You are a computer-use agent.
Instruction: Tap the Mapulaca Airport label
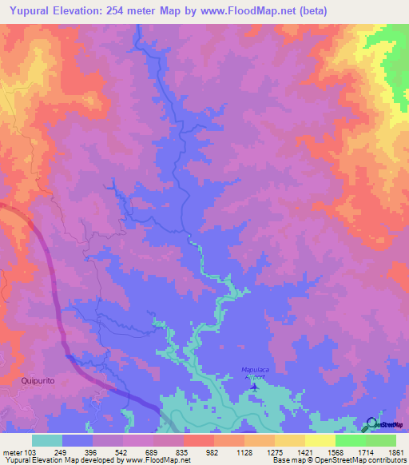tap(257, 372)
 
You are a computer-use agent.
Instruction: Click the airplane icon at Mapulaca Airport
tap(255, 387)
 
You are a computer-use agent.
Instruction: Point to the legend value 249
tap(60, 452)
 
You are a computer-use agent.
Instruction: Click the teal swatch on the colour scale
tap(47, 440)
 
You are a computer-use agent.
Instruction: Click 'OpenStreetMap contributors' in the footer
tap(360, 460)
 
